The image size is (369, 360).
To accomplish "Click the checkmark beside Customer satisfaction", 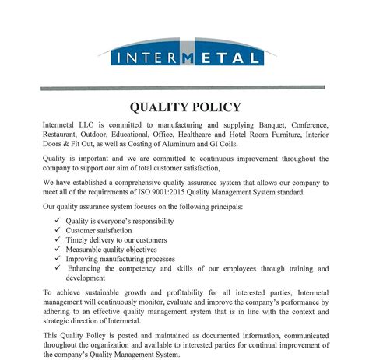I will [58, 231].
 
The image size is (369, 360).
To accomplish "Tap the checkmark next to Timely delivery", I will [58, 241].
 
